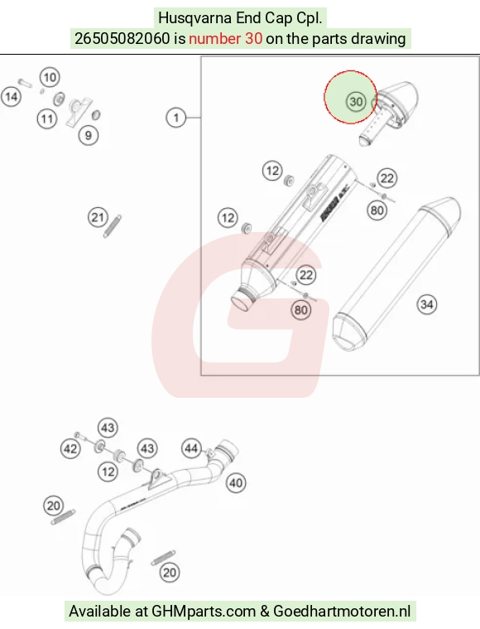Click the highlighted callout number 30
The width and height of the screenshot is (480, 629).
pos(356,101)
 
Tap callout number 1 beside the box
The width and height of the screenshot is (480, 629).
pos(176,118)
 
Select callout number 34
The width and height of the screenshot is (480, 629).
pos(427,304)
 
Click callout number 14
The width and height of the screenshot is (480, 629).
pos(12,97)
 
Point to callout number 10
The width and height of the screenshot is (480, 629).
pos(50,77)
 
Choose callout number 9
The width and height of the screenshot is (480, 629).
pos(89,136)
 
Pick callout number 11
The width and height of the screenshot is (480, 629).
pos(47,119)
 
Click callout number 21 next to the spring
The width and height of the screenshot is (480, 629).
pos(98,217)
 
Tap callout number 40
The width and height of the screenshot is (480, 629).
pos(236,482)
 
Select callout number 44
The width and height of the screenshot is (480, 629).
pos(191,448)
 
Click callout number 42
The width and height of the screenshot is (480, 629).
pos(70,448)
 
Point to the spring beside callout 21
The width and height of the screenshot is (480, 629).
pos(113,226)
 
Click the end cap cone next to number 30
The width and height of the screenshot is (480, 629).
pos(396,103)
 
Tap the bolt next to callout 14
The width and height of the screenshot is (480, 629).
pos(25,83)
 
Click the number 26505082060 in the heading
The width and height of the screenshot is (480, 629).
pos(122,39)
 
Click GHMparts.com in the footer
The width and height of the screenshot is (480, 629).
pos(204,612)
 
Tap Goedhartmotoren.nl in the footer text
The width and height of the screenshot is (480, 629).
pos(342,612)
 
